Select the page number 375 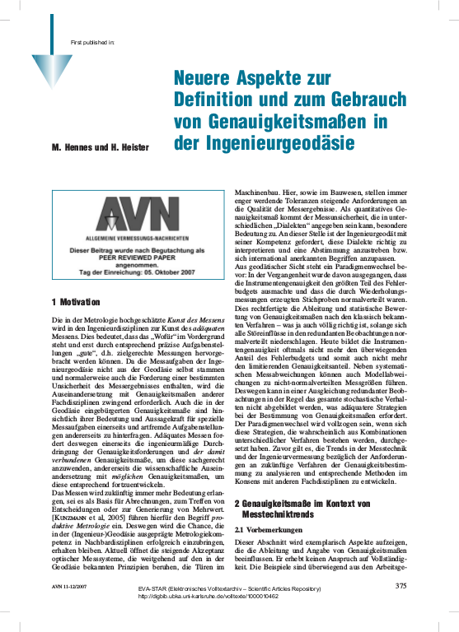400,609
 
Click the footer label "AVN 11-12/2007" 72,609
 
